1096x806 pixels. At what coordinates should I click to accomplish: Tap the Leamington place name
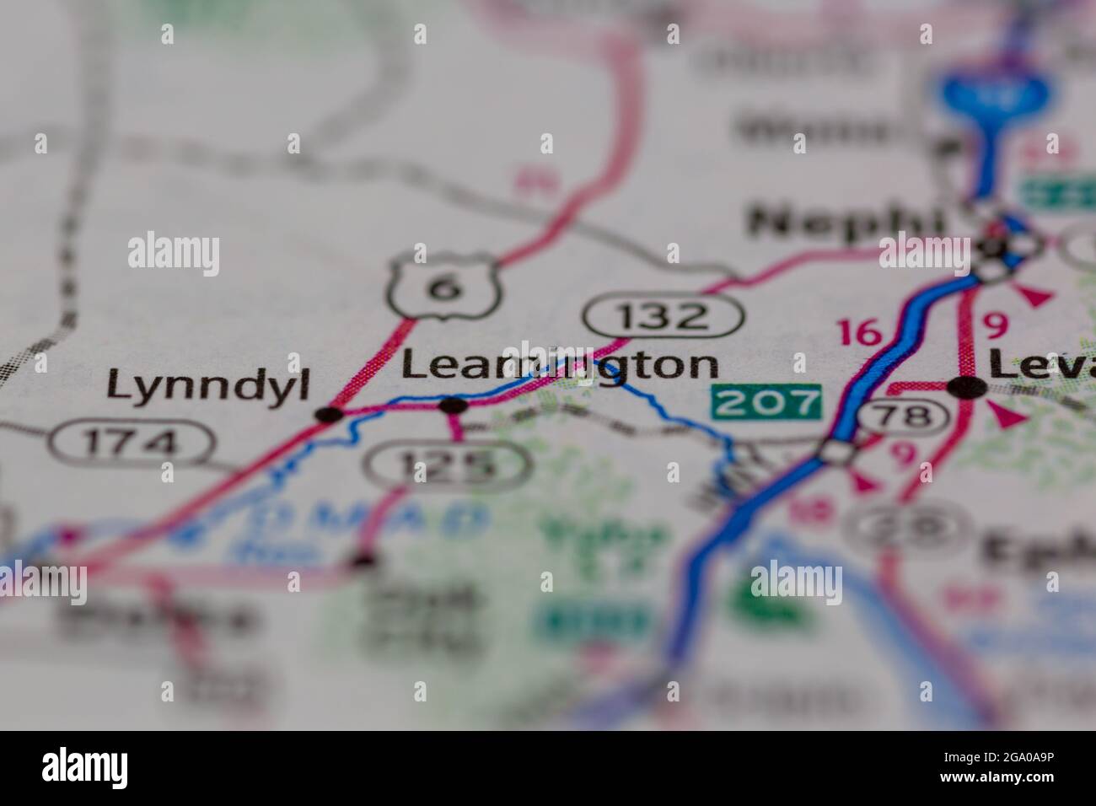point(560,365)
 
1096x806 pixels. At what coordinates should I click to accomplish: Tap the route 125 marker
point(447,464)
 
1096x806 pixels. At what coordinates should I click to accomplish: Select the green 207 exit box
point(766,401)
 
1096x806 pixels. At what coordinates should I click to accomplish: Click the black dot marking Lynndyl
point(329,414)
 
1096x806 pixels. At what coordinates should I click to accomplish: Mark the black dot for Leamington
point(454,406)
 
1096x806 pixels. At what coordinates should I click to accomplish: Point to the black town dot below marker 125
point(363,558)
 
